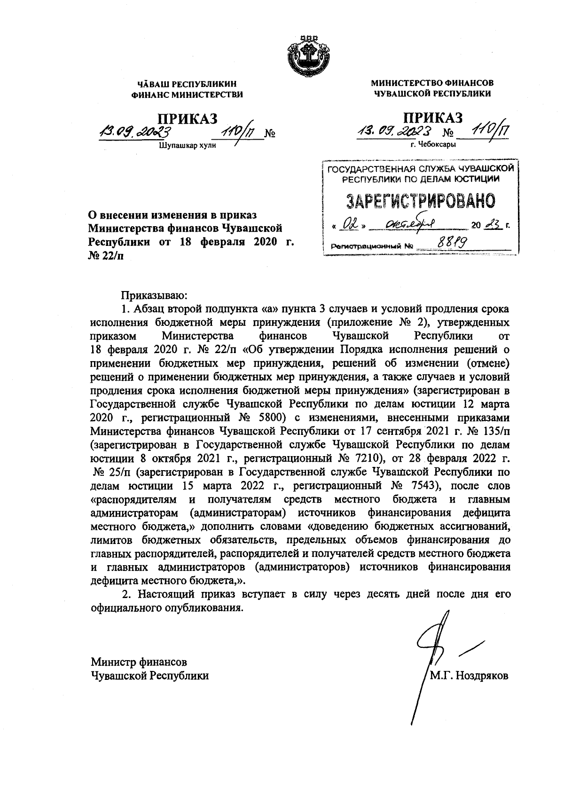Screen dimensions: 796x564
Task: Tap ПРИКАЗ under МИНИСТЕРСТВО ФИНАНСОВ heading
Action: click(x=432, y=116)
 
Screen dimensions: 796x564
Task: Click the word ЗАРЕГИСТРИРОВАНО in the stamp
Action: click(x=421, y=201)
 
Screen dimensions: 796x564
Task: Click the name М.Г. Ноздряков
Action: click(x=470, y=676)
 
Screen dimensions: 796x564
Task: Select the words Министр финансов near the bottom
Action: click(x=139, y=662)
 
